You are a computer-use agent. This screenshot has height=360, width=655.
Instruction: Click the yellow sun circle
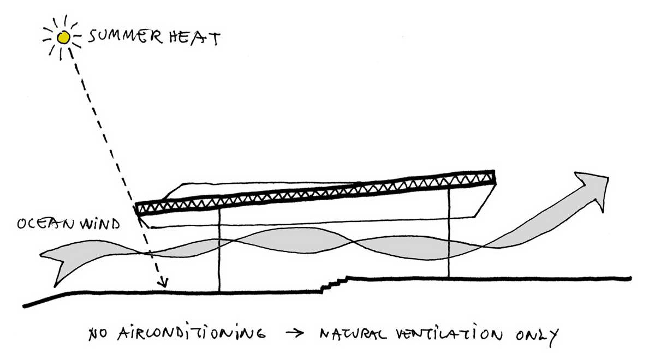click(x=63, y=38)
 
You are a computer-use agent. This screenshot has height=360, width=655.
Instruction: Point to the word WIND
click(x=99, y=224)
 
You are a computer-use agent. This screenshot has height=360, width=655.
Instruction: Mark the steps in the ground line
click(x=334, y=284)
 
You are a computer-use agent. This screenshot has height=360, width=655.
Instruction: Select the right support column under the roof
click(x=449, y=232)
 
